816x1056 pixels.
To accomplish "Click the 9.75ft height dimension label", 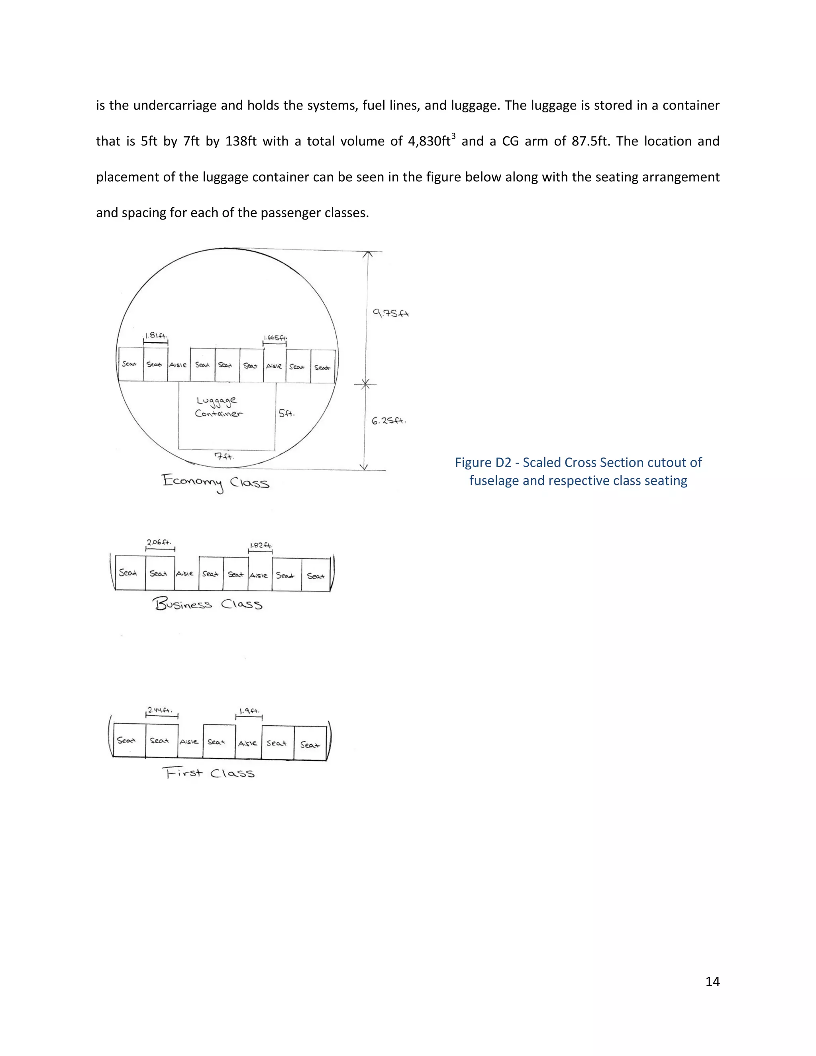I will [390, 313].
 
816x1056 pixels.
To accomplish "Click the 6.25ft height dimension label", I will [388, 421].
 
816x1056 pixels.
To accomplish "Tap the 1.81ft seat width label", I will [156, 336].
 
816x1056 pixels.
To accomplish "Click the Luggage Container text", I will [218, 406].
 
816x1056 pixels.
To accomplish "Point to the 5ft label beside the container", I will [286, 413].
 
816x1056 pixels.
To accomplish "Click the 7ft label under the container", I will [224, 455].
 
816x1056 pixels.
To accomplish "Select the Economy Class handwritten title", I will [216, 482].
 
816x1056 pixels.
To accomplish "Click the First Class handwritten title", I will [208, 773].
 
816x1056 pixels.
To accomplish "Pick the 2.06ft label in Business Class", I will [159, 542].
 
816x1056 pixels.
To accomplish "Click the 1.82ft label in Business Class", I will [261, 546].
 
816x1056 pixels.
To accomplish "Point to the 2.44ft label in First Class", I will [160, 710].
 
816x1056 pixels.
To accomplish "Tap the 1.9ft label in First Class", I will [249, 711].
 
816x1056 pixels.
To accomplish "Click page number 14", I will [712, 981].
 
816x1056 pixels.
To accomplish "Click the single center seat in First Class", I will [216, 742].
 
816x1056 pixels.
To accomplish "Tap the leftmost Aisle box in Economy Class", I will [178, 365].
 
